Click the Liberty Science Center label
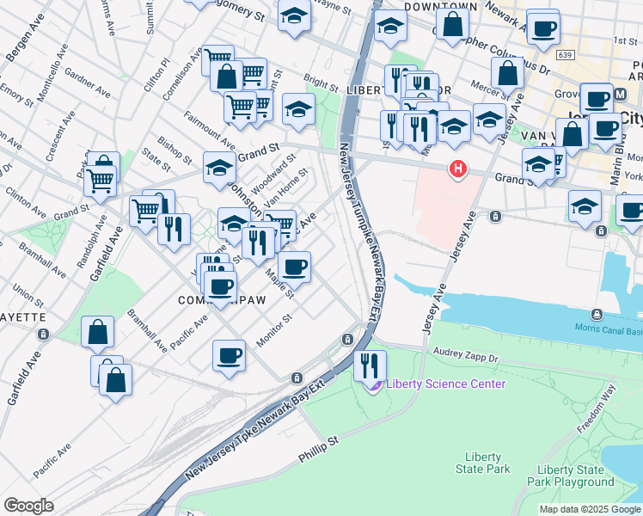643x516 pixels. (x=445, y=384)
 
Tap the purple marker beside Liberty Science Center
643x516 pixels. (x=373, y=384)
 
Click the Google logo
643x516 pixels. (x=28, y=505)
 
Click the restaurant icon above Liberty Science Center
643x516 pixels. (x=370, y=364)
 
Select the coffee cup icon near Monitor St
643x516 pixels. (x=230, y=355)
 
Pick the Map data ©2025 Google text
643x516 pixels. (x=589, y=509)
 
